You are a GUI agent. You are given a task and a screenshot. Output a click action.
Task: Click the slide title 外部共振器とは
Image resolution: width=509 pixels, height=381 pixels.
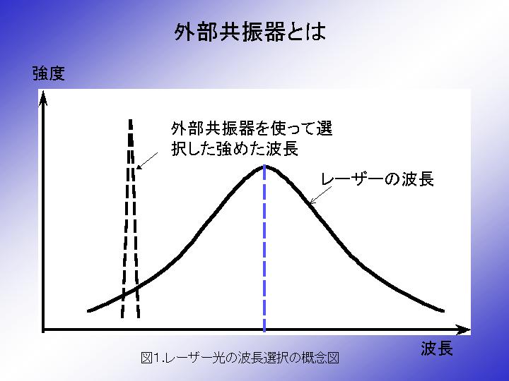tap(250, 32)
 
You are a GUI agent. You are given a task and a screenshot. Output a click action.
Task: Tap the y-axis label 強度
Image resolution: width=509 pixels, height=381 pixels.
tap(49, 73)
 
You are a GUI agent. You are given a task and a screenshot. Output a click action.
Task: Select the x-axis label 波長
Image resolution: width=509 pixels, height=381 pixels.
tap(437, 349)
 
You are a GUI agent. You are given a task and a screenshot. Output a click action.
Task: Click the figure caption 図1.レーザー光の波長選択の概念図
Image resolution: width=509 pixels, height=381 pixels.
tap(240, 358)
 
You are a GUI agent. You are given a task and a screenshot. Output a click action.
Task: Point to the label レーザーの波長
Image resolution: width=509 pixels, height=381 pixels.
tap(378, 179)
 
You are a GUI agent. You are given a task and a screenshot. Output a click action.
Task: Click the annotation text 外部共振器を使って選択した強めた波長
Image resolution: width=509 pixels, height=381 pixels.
tap(252, 139)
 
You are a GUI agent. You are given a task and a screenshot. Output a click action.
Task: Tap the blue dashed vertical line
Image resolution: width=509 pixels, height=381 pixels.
tap(264, 248)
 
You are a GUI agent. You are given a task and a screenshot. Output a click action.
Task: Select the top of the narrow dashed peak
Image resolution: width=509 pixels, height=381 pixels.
tap(131, 121)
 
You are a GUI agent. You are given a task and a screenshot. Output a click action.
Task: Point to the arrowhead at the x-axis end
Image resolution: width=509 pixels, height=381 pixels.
tap(464, 329)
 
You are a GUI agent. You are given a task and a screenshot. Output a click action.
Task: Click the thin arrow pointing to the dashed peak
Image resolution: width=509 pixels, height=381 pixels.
tap(147, 161)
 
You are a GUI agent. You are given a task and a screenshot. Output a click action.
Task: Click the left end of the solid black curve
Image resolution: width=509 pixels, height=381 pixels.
tap(88, 311)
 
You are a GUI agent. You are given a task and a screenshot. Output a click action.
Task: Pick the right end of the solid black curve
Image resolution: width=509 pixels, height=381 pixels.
tap(443, 311)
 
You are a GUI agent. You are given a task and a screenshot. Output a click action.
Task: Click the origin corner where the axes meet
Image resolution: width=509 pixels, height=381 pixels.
tap(43, 329)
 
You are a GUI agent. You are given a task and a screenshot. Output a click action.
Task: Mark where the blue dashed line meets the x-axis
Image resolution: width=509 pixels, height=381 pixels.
tap(264, 329)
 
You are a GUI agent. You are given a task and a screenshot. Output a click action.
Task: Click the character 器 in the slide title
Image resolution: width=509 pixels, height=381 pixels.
tap(274, 32)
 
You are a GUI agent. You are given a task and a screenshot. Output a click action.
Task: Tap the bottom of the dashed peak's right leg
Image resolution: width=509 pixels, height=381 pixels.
tap(139, 317)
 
